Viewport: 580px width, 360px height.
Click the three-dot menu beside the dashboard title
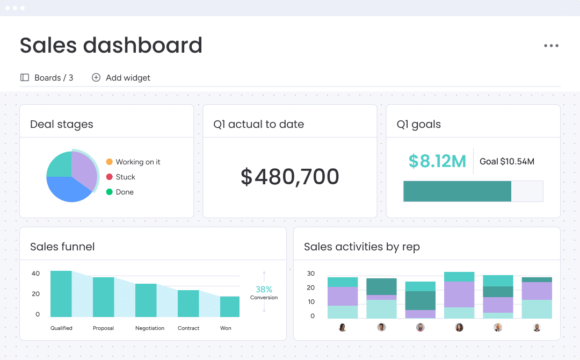(551, 46)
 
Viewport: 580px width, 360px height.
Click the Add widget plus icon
(96, 77)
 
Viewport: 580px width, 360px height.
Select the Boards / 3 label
(54, 78)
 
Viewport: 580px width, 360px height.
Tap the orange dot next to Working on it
(109, 162)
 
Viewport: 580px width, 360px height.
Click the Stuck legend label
(125, 177)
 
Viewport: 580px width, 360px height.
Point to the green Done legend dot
(109, 192)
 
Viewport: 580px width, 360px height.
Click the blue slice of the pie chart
(67, 189)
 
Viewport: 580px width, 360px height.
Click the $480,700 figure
(289, 176)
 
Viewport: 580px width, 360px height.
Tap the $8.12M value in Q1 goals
(437, 161)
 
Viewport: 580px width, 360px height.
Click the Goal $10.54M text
(507, 161)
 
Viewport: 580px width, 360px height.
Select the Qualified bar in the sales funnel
(61, 294)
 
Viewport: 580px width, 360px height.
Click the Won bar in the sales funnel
(230, 307)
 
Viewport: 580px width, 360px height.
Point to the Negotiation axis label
(150, 328)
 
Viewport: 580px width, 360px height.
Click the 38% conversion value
(264, 289)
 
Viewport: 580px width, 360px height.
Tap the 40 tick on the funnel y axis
(35, 273)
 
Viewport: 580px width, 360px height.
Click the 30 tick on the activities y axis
(311, 273)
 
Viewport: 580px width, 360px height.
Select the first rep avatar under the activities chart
(343, 327)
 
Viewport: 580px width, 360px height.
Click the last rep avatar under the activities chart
(536, 327)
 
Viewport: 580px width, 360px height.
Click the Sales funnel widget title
(62, 247)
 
